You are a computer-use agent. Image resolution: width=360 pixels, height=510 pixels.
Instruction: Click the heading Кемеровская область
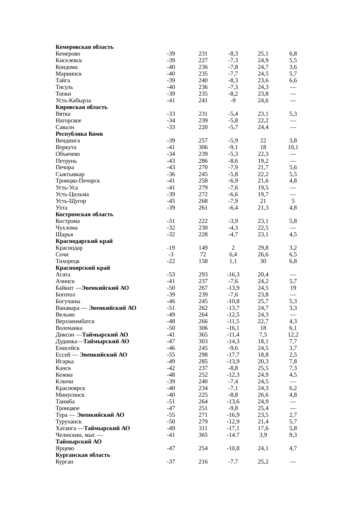[84, 47]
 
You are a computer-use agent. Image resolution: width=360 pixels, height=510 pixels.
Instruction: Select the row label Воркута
[66, 147]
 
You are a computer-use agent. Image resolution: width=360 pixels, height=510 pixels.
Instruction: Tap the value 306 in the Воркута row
[203, 147]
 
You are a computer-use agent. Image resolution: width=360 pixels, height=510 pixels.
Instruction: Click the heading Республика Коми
[79, 134]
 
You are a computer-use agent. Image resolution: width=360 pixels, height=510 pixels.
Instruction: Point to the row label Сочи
[62, 255]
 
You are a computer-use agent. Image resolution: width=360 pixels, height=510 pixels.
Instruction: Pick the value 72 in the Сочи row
[203, 255]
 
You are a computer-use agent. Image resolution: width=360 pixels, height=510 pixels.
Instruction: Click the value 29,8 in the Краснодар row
[263, 248]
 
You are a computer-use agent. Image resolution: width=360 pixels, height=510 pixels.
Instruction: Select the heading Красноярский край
[83, 268]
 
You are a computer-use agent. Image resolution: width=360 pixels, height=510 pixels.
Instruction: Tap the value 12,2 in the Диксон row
[293, 335]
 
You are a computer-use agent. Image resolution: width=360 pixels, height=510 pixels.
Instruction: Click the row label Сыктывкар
[70, 174]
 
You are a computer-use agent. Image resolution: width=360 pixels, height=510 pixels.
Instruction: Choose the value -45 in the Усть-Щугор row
[171, 201]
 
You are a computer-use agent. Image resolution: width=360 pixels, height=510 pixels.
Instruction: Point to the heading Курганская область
[83, 455]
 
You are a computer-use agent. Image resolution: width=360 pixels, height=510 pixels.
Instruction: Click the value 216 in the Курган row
[203, 462]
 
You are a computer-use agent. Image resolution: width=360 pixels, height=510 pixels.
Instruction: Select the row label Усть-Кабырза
[73, 101]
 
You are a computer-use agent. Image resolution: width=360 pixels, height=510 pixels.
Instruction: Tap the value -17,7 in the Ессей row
[233, 355]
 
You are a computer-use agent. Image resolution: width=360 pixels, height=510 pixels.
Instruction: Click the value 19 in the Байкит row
[293, 288]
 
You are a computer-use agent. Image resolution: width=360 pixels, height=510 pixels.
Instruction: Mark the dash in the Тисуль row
[293, 87]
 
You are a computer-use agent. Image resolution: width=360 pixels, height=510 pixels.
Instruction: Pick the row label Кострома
[68, 221]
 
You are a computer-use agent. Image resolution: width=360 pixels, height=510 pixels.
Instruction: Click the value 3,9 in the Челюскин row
[263, 435]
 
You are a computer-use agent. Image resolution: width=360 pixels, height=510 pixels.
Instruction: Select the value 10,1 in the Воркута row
[293, 147]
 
